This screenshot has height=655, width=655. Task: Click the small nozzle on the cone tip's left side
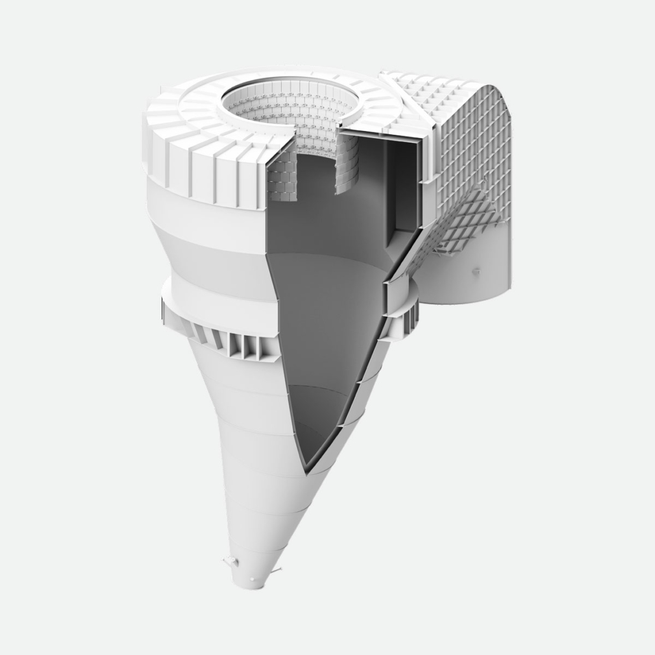[x=227, y=561]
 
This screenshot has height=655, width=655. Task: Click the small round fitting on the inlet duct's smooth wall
[x=474, y=272]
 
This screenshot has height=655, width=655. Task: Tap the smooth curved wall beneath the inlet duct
[x=458, y=280]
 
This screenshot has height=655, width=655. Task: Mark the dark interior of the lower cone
[x=318, y=356]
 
